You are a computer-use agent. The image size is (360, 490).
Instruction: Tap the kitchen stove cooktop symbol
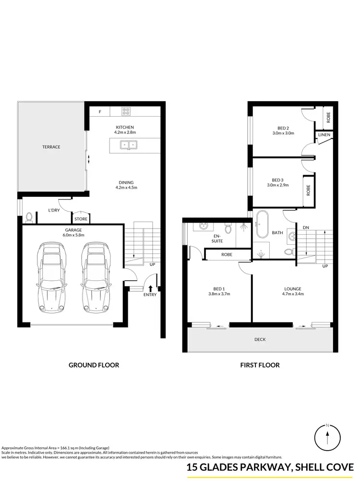(126, 111)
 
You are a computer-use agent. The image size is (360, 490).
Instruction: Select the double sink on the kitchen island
(128, 144)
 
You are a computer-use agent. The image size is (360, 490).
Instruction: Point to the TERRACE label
(51, 147)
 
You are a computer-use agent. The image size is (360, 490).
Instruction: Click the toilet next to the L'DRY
(29, 217)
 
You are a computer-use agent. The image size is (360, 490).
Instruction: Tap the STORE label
(80, 219)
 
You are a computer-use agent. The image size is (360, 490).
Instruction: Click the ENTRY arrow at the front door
(151, 288)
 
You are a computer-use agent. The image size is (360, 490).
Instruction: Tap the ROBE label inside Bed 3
(308, 190)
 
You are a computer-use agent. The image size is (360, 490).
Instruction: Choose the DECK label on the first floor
(260, 339)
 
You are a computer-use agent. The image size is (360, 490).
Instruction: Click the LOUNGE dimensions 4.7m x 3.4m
(292, 294)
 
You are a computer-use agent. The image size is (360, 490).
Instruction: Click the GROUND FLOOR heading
(94, 365)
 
